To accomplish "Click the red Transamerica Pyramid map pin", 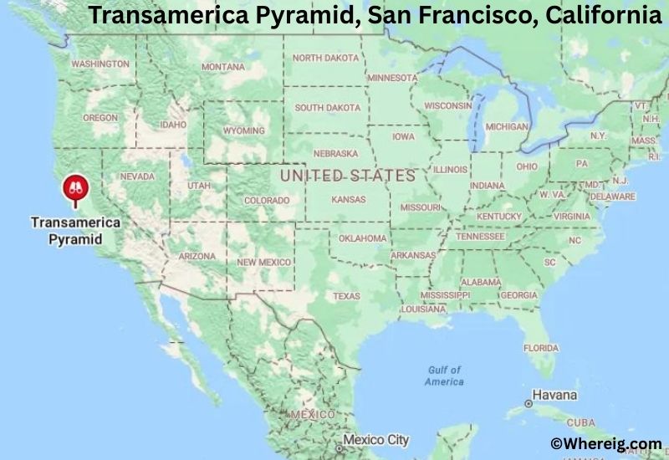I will (x=76, y=189).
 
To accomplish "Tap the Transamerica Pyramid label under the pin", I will (x=76, y=231).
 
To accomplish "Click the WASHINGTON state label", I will (x=100, y=64).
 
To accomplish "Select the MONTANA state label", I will (x=222, y=67).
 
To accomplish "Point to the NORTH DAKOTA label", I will (x=325, y=58).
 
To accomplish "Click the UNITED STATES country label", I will (x=347, y=176).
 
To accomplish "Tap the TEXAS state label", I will (x=346, y=296).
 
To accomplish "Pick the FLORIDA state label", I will (x=541, y=348).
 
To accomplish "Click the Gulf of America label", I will (x=444, y=376).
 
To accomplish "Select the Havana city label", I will (x=555, y=395).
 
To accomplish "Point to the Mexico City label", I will (x=376, y=439).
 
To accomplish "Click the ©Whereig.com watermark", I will (x=606, y=444).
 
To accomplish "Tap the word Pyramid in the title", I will (x=309, y=15).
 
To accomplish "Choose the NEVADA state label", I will (x=138, y=177).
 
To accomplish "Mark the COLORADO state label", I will (x=267, y=201).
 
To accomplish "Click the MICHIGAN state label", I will (x=508, y=126).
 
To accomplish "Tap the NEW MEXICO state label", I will (x=263, y=262).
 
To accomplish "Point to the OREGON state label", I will (x=100, y=118).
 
